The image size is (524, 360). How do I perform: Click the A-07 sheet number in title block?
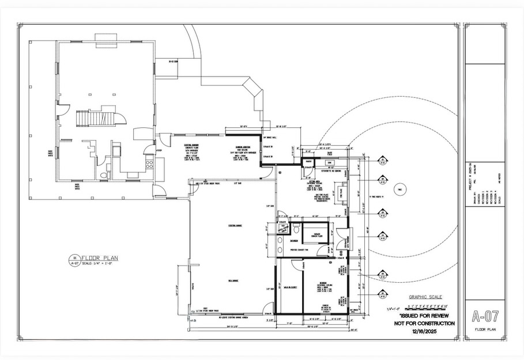coord(484,316)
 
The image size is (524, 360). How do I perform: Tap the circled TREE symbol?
coord(398,190)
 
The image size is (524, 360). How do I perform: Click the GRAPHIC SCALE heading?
coord(426,297)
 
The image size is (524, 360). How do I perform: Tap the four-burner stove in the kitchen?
coord(150,163)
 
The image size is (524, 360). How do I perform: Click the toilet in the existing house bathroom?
coord(103,175)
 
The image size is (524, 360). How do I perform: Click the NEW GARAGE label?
coord(233,281)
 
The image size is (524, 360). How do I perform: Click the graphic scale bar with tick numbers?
coord(427,306)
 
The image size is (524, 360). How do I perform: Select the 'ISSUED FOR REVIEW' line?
coord(424,316)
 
